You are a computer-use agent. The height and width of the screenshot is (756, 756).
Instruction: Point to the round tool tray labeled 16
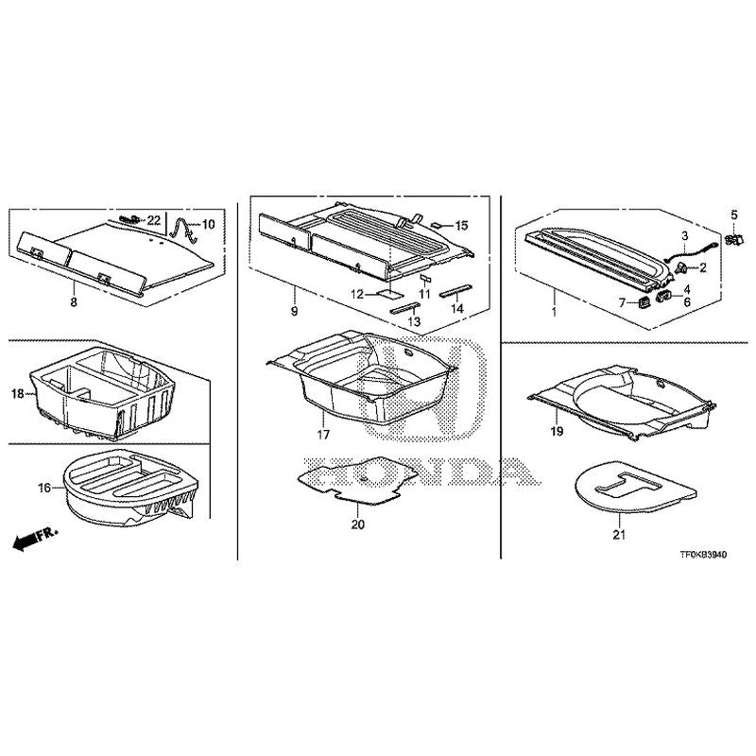[x=123, y=487]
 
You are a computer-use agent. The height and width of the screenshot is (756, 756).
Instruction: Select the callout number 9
[x=294, y=311]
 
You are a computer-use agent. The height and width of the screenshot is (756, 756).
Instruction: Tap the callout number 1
[x=554, y=308]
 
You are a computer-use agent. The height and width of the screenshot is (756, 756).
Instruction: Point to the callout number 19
[x=558, y=431]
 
